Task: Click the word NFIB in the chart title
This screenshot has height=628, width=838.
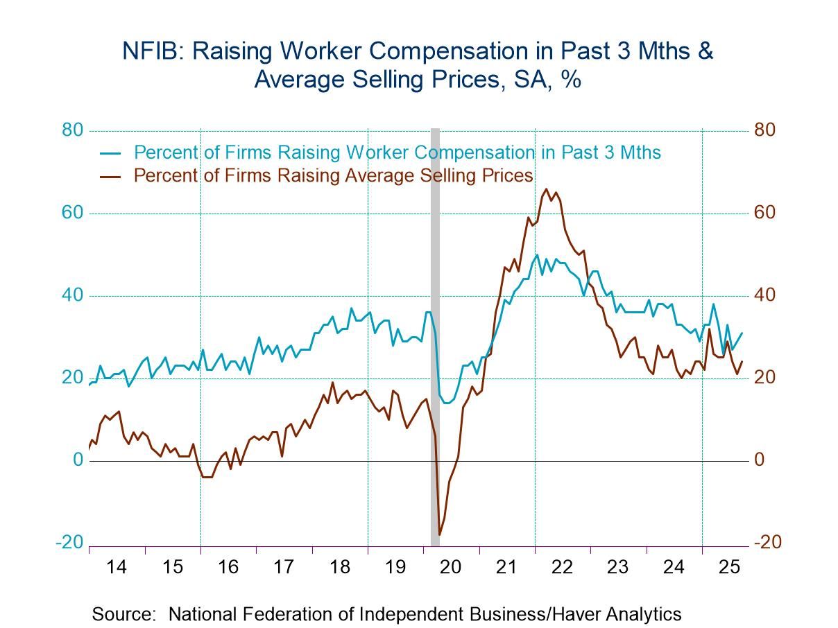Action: [x=147, y=51]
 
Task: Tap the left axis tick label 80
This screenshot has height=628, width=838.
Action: [x=71, y=130]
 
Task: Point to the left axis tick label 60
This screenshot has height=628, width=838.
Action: [x=71, y=213]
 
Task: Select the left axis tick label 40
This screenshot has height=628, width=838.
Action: [x=71, y=295]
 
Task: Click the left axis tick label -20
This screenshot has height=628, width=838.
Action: [x=69, y=543]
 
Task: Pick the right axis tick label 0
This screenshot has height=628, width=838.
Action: [x=761, y=460]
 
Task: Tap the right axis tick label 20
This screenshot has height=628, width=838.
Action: [x=766, y=378]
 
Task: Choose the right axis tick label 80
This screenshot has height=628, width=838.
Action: [x=766, y=130]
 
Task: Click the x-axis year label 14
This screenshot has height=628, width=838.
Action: [x=117, y=567]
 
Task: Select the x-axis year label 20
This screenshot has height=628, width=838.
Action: [x=451, y=567]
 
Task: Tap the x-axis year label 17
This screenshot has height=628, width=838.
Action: [x=284, y=567]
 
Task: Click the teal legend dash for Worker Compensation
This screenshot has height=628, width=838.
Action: [x=111, y=152]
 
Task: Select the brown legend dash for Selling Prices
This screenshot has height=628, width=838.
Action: [x=111, y=176]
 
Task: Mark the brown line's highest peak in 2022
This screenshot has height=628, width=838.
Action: [x=547, y=189]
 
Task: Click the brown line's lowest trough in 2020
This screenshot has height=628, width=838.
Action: [x=439, y=534]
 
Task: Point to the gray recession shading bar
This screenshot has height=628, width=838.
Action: [x=435, y=333]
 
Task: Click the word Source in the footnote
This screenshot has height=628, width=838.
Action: [x=123, y=614]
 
